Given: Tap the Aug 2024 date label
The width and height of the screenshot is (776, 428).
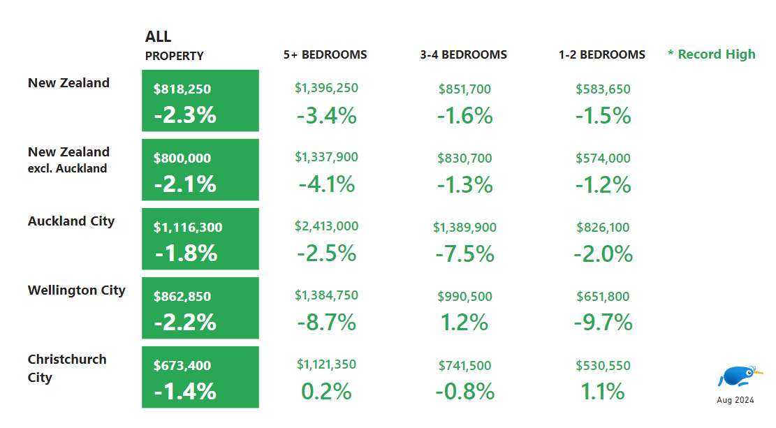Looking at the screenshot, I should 735,400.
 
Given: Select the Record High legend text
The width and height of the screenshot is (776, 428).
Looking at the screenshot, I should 712,54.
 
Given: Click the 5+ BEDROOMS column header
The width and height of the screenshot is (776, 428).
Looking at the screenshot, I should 325,54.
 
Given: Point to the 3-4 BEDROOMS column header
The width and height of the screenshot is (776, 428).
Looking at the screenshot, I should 464,54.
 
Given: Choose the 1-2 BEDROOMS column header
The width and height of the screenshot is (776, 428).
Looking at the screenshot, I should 602,54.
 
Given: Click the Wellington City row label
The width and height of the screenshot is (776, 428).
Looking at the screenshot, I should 77,290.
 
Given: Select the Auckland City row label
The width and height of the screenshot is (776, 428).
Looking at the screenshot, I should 71,221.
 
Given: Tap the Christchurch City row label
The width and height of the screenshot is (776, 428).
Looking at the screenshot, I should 67,368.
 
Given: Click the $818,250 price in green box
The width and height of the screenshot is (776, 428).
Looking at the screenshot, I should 182,89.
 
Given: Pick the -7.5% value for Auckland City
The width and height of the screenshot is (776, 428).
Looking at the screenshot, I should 464,254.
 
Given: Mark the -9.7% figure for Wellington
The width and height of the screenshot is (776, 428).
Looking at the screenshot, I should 603,323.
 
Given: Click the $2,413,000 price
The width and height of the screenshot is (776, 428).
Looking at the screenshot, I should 327,226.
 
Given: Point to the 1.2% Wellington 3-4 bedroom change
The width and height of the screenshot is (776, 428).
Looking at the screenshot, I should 464,323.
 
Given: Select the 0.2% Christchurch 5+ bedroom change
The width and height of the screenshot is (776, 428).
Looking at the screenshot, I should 326,392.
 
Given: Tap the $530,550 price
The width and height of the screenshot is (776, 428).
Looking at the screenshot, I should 603,365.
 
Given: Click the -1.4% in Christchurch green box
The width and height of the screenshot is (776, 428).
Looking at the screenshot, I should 185,392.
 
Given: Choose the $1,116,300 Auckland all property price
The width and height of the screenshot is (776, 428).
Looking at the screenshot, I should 188,228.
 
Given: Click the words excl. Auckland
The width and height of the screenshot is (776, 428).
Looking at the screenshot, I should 67,168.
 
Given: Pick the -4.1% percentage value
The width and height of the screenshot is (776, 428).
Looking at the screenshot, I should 326,185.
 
